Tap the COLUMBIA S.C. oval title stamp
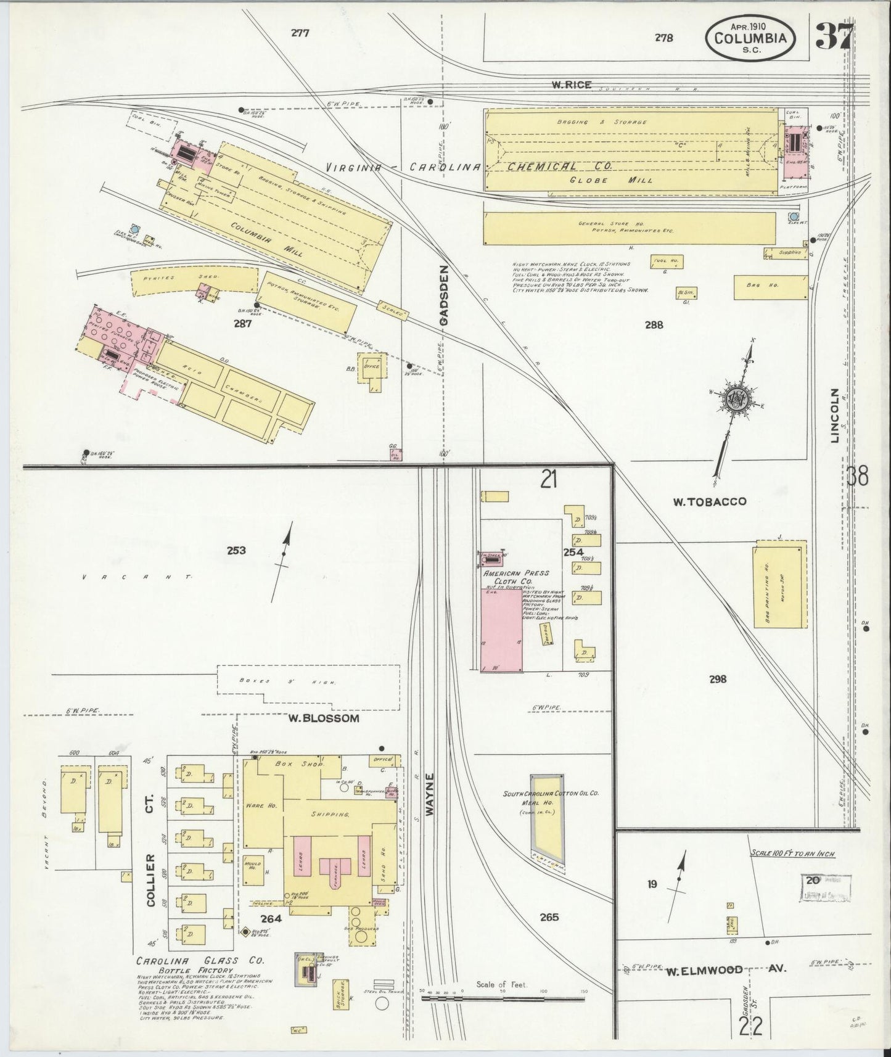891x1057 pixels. click(x=750, y=38)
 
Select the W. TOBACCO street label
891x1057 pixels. click(x=709, y=501)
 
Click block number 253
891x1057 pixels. click(x=236, y=551)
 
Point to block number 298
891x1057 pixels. click(x=718, y=680)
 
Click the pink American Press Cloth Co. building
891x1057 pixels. click(x=501, y=629)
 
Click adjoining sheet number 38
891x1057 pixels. click(x=858, y=477)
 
